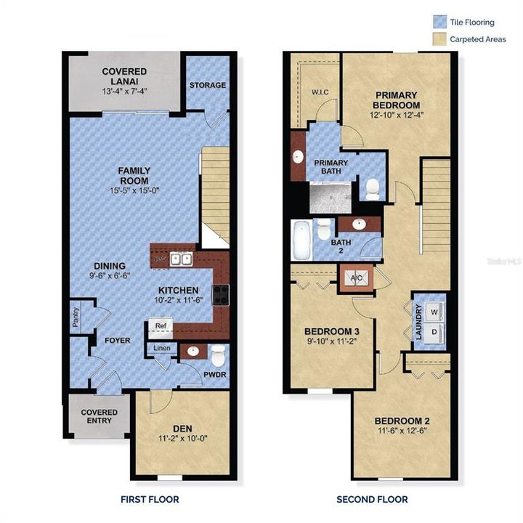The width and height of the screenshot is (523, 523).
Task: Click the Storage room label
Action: click(x=208, y=85)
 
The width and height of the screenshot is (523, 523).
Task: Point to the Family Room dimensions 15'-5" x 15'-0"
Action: click(x=134, y=191)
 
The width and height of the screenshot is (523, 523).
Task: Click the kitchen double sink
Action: click(x=181, y=259)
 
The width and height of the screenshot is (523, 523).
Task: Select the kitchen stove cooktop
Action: click(x=220, y=294)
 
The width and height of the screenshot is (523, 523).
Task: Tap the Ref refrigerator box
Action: click(x=160, y=326)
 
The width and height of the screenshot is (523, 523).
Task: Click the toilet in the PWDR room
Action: click(x=216, y=354)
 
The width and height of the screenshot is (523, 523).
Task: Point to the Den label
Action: click(x=182, y=429)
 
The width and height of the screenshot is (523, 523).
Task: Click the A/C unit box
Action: click(x=356, y=277)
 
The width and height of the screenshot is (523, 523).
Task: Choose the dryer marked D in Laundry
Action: click(x=434, y=332)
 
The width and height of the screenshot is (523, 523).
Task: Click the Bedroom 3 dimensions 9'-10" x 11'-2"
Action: click(x=331, y=341)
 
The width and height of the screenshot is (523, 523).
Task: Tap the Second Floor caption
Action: click(x=372, y=499)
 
